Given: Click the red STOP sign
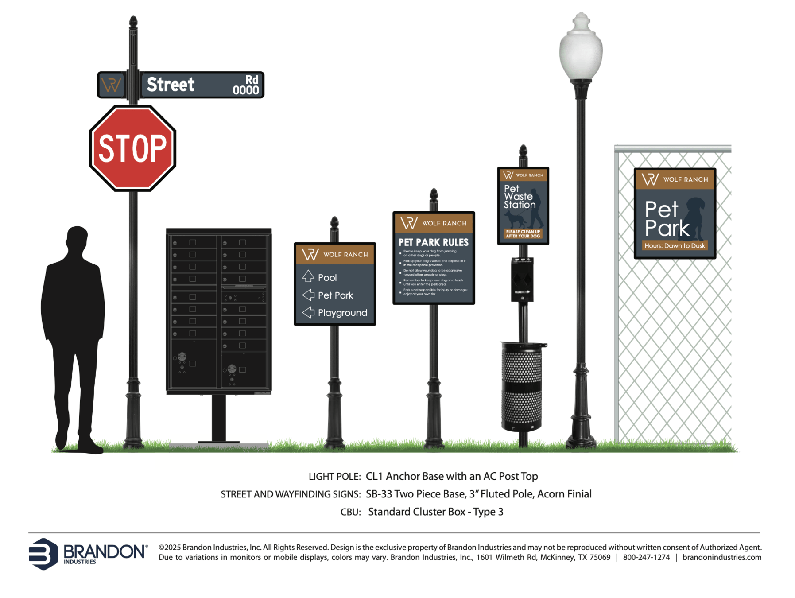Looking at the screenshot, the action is [x=132, y=148].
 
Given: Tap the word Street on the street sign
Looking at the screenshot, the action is [x=171, y=85].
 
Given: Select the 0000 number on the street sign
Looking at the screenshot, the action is [x=245, y=90].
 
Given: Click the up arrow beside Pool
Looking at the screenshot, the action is [x=308, y=276].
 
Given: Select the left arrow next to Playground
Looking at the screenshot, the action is [x=308, y=312].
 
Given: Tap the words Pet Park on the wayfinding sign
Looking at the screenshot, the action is [x=335, y=295].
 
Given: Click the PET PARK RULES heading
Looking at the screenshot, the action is [x=433, y=242].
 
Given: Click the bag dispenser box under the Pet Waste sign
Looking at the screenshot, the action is [x=522, y=280].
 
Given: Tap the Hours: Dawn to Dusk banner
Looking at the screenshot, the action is [x=675, y=246].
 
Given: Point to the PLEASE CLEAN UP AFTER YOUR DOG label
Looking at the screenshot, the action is [x=523, y=234].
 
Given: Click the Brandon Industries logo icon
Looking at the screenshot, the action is [x=43, y=554].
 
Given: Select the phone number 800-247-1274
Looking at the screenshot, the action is [x=646, y=557].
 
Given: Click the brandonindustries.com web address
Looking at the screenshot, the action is [x=721, y=557].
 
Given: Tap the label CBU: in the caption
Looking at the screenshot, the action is [x=350, y=512].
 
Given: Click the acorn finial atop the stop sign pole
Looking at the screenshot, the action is [x=133, y=21].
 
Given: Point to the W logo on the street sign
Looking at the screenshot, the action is [x=111, y=85].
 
